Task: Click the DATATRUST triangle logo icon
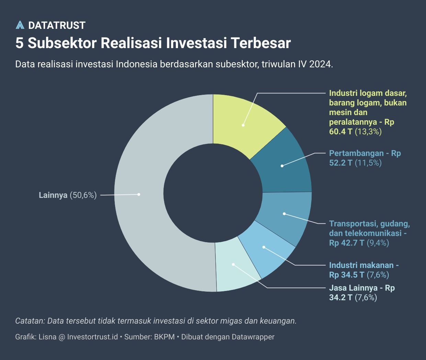tap(20, 25)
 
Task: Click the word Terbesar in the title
tap(261, 43)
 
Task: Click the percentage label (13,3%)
tap(368, 132)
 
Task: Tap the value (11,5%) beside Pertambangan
tap(368, 163)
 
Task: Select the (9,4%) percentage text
tap(378, 243)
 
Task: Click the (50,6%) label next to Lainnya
tap(83, 195)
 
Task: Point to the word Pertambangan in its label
tap(351, 153)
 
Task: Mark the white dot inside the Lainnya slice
tap(139, 194)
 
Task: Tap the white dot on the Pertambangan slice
tap(282, 166)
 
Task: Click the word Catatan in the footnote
tap(30, 321)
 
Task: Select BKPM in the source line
tap(165, 337)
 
